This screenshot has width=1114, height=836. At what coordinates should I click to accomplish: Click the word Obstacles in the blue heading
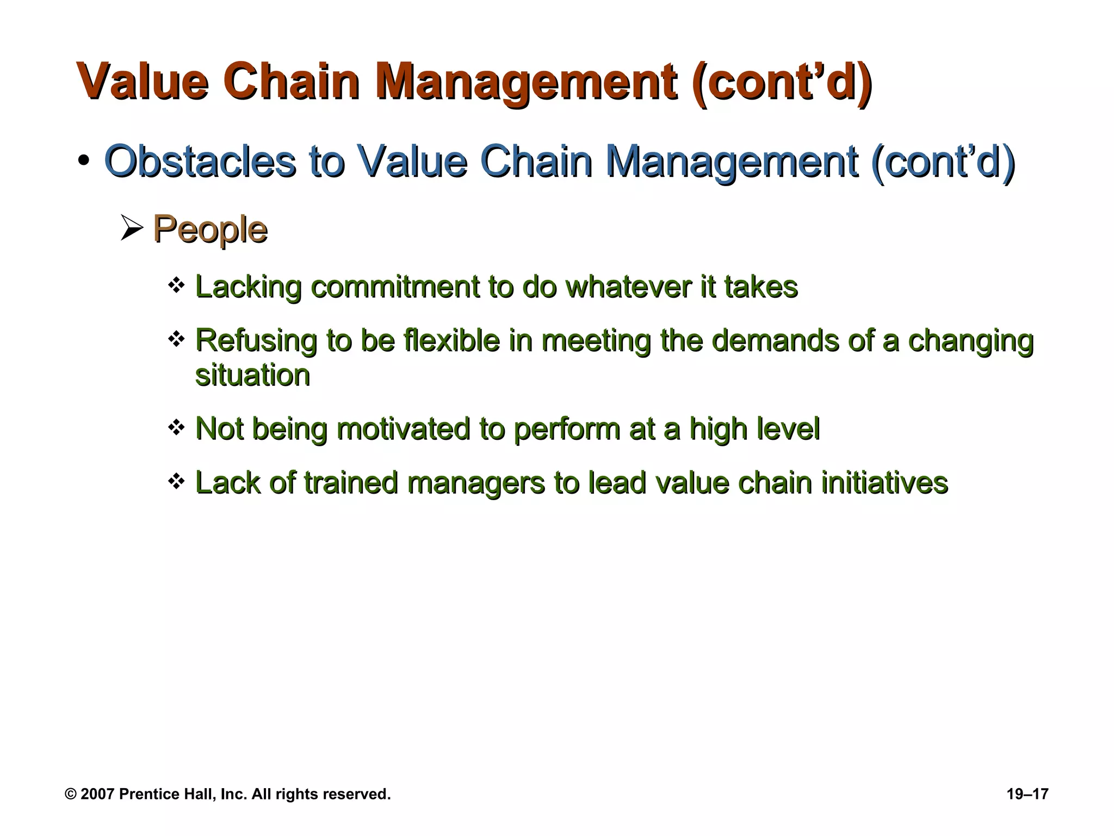(200, 161)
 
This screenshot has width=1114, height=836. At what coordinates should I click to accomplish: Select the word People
(210, 230)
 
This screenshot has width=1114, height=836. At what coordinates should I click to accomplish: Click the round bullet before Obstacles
(83, 162)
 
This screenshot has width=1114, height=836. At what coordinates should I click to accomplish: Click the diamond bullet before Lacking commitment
(176, 284)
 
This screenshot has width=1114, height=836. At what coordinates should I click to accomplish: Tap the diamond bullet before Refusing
(176, 340)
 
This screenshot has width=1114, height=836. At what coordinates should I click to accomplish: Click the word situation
(252, 376)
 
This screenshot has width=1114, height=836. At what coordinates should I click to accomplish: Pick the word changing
(970, 342)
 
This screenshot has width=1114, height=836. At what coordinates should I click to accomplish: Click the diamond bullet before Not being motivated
(176, 427)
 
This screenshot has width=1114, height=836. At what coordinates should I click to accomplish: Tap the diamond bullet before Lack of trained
(176, 481)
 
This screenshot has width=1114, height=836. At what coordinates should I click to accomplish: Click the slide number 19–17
(1028, 794)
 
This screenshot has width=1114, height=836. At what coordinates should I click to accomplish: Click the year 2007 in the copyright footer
(97, 794)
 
